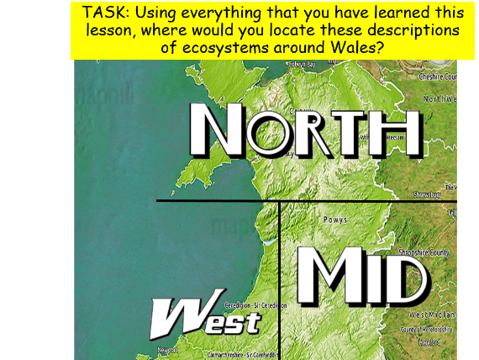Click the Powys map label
pyautogui.click(x=334, y=220)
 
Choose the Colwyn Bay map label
pyautogui.click(x=301, y=64)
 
